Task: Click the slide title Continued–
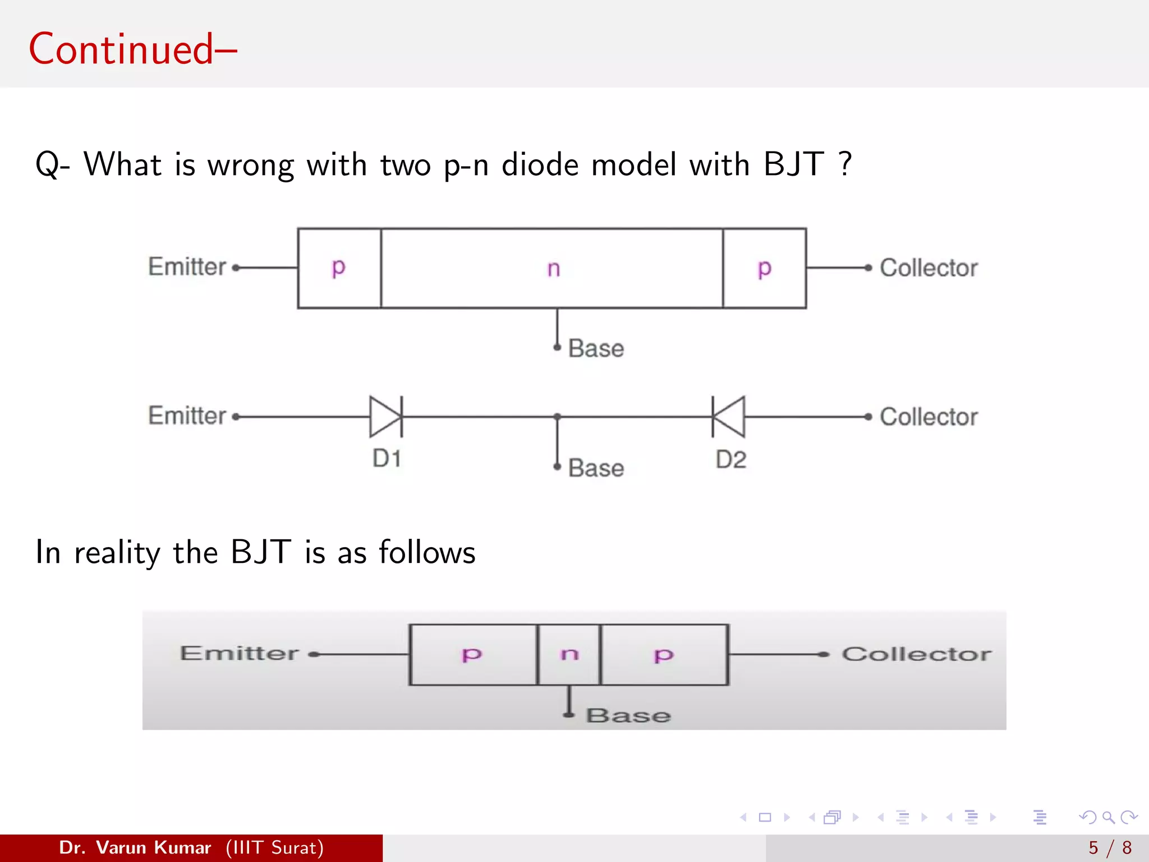pyautogui.click(x=133, y=49)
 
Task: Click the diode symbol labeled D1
pyautogui.click(x=386, y=416)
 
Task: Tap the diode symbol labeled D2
pyautogui.click(x=729, y=416)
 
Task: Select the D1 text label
pyautogui.click(x=387, y=458)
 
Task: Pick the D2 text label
pyautogui.click(x=730, y=460)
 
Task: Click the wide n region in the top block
pyautogui.click(x=553, y=268)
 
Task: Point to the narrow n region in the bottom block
pyautogui.click(x=569, y=654)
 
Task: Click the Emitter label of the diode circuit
pyautogui.click(x=187, y=416)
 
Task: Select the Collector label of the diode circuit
pyautogui.click(x=928, y=417)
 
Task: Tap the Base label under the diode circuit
pyautogui.click(x=596, y=468)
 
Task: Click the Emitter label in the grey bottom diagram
pyautogui.click(x=239, y=653)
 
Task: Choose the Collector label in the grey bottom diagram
pyautogui.click(x=916, y=654)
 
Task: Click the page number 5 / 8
pyautogui.click(x=1110, y=847)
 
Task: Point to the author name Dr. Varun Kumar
pyautogui.click(x=135, y=847)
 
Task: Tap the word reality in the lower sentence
pyautogui.click(x=117, y=553)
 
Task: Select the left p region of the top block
pyautogui.click(x=339, y=268)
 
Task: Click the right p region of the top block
pyautogui.click(x=764, y=268)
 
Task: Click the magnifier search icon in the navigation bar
pyautogui.click(x=1108, y=817)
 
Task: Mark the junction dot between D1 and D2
pyautogui.click(x=557, y=416)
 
